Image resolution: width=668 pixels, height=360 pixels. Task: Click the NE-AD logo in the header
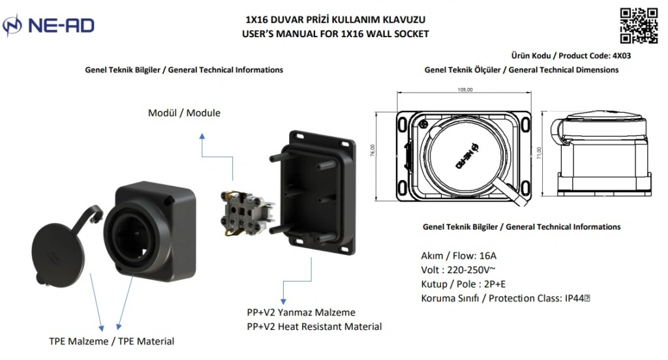49,25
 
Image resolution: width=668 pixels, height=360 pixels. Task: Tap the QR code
638,25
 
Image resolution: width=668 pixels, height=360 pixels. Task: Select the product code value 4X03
621,56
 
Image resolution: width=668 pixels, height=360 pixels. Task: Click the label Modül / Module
184,113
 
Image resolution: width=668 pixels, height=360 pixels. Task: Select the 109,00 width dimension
465,90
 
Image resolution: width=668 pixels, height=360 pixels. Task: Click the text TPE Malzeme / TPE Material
112,341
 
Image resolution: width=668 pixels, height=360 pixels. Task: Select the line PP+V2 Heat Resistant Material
314,326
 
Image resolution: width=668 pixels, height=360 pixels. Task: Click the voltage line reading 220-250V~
457,270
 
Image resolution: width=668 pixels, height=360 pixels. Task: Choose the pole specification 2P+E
494,284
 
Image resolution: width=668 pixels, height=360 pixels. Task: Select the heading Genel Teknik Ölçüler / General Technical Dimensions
521,70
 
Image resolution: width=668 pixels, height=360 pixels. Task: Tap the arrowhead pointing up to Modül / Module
202,136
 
